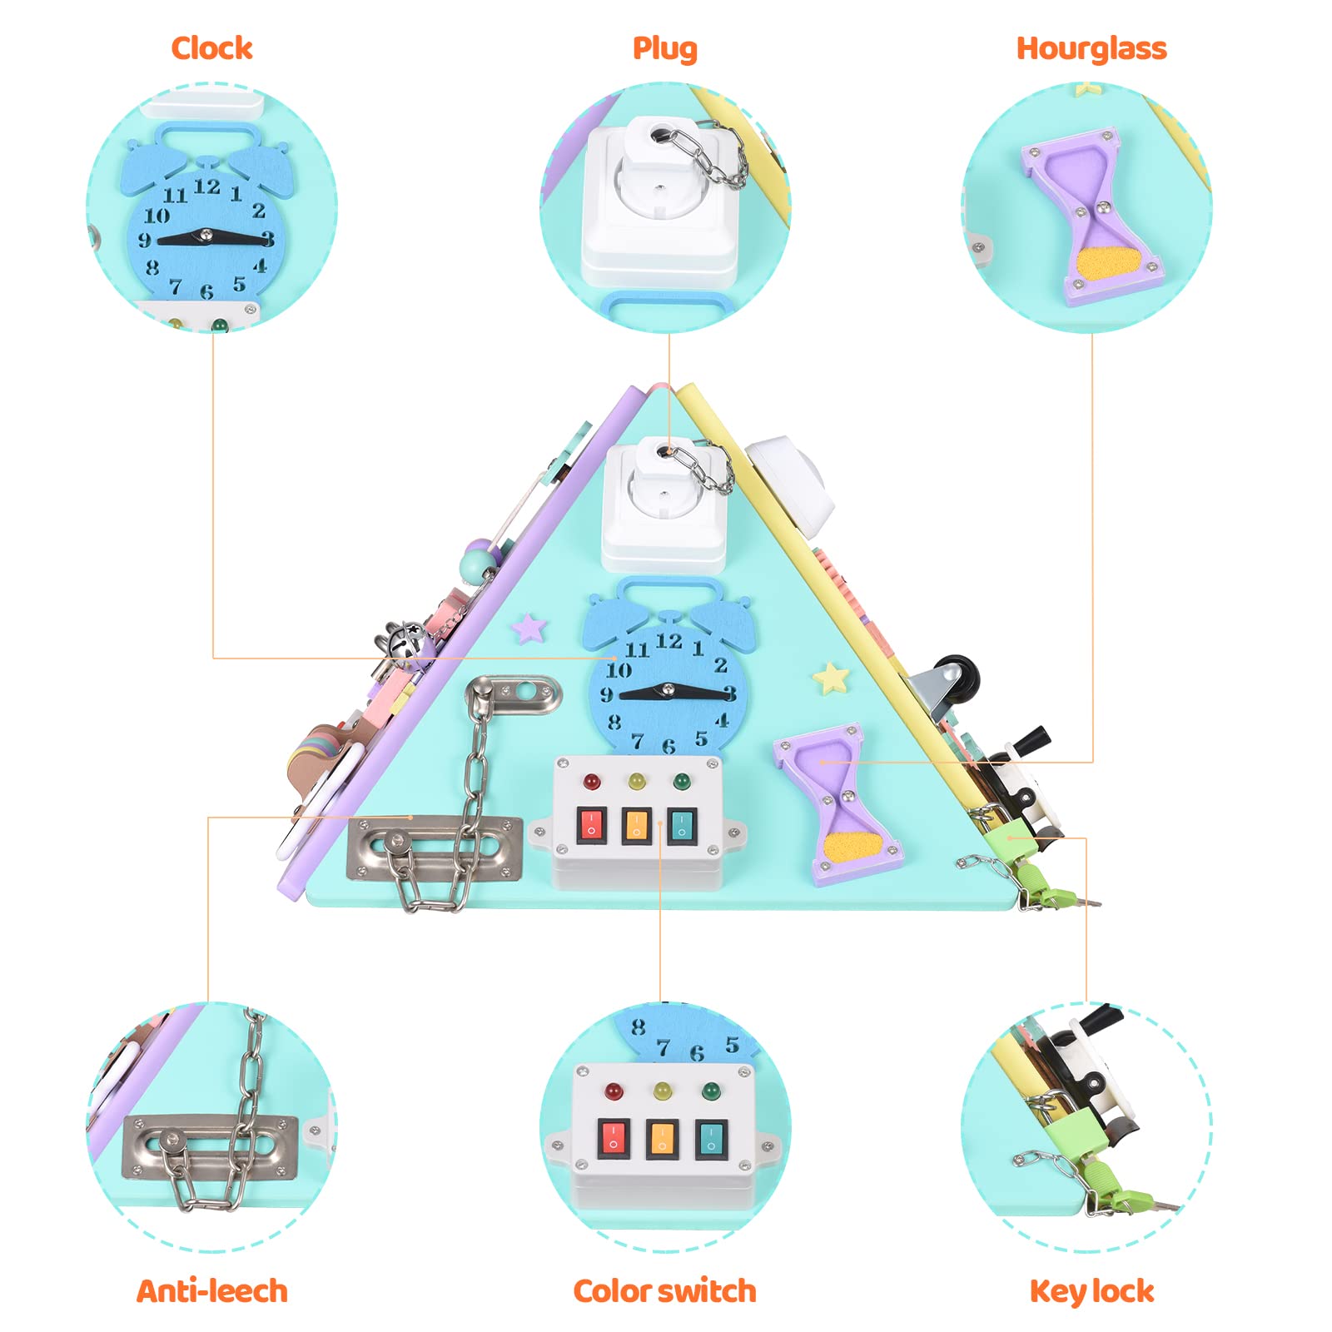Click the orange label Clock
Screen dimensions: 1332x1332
coord(211,48)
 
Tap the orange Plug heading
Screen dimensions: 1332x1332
coord(664,49)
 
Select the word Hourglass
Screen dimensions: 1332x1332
coord(1091,49)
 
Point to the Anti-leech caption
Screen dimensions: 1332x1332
coord(212,1291)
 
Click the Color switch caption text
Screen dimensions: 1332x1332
coord(664,1291)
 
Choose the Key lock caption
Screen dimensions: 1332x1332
coord(1091,1292)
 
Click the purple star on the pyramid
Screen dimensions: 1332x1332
coord(529,628)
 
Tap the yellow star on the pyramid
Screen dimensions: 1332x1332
coord(831,678)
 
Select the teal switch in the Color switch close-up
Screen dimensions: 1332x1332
coord(711,1139)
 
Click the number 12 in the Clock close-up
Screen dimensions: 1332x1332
coord(206,186)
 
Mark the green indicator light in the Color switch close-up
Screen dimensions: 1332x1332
coord(710,1091)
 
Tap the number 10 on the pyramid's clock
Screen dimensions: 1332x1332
coord(619,670)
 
